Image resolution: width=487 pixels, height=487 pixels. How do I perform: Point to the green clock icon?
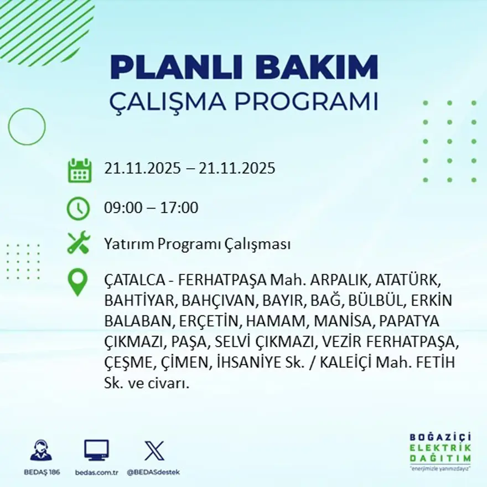coord(78,209)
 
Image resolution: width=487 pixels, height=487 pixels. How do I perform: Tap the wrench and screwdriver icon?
coord(78,243)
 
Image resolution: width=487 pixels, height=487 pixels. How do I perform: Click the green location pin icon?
coord(77,282)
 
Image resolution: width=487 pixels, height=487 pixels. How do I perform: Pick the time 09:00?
coord(122,209)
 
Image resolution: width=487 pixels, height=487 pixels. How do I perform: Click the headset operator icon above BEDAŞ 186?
coord(41,450)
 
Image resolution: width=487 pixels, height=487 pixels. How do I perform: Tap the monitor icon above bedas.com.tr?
coord(96,450)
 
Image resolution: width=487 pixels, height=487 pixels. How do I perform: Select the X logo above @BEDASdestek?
coord(154,450)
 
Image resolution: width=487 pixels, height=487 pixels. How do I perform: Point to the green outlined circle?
coord(27,127)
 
